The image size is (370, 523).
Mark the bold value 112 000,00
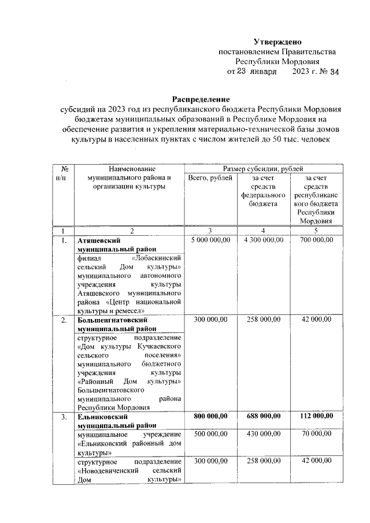pos(317,416)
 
